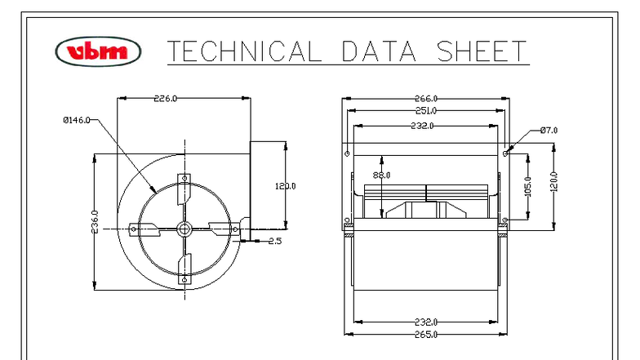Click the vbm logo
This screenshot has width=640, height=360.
92,51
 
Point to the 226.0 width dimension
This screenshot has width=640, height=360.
167,98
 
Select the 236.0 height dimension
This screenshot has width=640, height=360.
95,222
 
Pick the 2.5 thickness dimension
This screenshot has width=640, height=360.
275,240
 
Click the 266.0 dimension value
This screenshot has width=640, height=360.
424,99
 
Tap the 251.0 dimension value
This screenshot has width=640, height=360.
424,110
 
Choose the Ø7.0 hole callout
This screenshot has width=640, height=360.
549,130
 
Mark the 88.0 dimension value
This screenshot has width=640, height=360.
381,175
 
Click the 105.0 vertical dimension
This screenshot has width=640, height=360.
527,187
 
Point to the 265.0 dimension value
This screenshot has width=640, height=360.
424,334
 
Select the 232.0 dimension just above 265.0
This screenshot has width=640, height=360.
424,322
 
